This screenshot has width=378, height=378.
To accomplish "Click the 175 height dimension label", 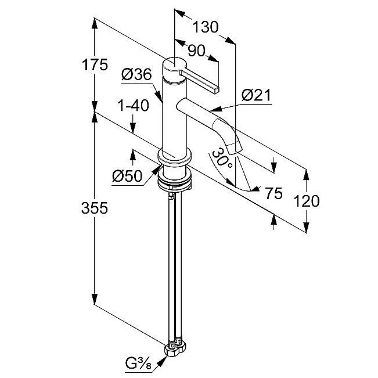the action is click(x=95, y=65).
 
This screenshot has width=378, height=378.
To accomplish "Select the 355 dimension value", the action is click(x=95, y=208).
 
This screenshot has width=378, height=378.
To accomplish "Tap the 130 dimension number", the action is click(x=206, y=27).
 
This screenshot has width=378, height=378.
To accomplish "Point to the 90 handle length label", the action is click(x=196, y=51).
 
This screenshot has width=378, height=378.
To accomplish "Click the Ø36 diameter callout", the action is click(x=136, y=74).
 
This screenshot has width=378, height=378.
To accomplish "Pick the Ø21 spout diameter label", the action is click(x=256, y=95).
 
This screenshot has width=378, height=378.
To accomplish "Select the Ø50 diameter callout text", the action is click(x=127, y=176).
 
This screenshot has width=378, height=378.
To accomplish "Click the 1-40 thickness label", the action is click(x=133, y=106).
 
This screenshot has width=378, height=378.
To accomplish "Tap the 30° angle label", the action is click(x=222, y=159).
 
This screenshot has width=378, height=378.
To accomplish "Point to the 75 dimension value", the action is click(x=273, y=193).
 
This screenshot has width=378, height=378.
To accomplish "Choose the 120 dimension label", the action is click(x=307, y=201).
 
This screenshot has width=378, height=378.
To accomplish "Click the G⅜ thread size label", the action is click(x=138, y=363).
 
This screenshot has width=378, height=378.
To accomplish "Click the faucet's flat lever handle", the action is click(x=199, y=81).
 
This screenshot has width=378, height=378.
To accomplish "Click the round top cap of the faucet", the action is click(x=175, y=65).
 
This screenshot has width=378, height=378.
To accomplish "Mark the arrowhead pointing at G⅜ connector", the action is click(x=163, y=361).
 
